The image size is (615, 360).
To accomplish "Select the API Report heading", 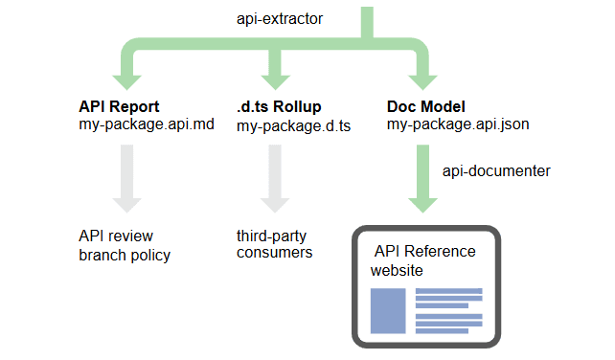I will click(121, 106).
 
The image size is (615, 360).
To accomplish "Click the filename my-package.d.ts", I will click(294, 124).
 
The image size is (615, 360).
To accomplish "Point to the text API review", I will click(115, 236).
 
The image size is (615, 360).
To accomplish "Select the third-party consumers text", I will click(276, 244).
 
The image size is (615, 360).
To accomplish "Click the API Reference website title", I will click(422, 260).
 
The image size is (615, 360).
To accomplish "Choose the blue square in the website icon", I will click(388, 311).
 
